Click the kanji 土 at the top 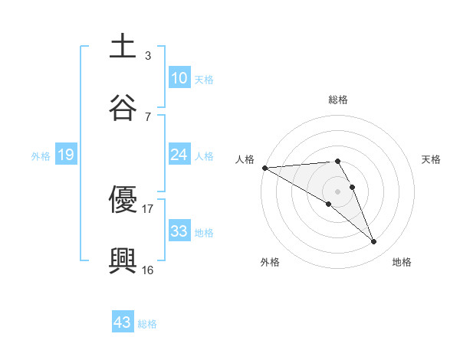coord(123,47)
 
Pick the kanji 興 coord(123,261)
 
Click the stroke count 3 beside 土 coord(147,55)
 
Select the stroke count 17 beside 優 coord(147,208)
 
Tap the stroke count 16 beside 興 coord(147,270)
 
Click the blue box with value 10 coord(179,77)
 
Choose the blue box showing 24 coord(179,155)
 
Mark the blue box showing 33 coord(179,231)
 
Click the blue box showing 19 coord(66,155)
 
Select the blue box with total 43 coord(123,322)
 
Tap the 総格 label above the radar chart coord(338,100)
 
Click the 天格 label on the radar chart coord(432,159)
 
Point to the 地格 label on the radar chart coord(402,262)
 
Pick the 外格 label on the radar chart coord(270,262)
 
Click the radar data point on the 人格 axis coord(264,167)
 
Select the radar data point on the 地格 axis coord(374,241)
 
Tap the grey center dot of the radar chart coord(338,190)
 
